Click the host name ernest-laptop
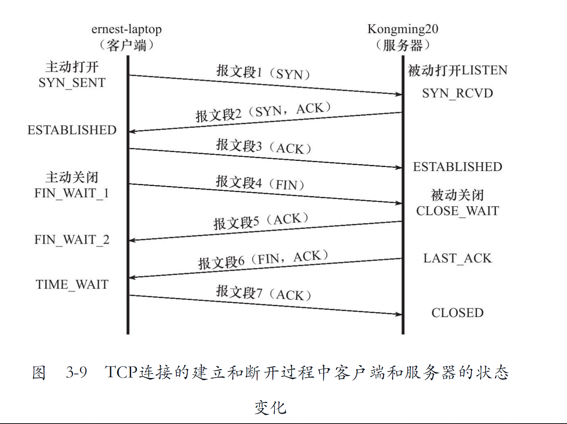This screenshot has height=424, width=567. [x=126, y=29]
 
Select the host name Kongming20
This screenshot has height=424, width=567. [x=402, y=29]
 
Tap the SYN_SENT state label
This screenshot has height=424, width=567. [x=72, y=83]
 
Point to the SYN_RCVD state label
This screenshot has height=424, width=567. [x=457, y=93]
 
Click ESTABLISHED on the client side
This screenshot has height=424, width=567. [x=72, y=130]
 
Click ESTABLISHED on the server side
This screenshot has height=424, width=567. [x=457, y=167]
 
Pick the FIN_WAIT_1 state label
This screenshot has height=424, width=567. [x=72, y=193]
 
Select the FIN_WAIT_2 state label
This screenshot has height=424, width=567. [x=72, y=240]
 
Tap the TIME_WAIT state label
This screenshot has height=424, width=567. [x=72, y=284]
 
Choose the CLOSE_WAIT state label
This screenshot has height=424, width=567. [x=457, y=211]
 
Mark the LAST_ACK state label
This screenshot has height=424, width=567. [x=457, y=258]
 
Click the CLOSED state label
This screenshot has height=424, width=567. [x=457, y=313]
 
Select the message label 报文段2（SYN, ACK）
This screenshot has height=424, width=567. [x=263, y=112]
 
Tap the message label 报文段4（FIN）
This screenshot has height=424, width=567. [x=260, y=183]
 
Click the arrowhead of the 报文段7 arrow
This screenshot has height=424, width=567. [x=398, y=314]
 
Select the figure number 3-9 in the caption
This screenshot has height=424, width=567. [x=76, y=372]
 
